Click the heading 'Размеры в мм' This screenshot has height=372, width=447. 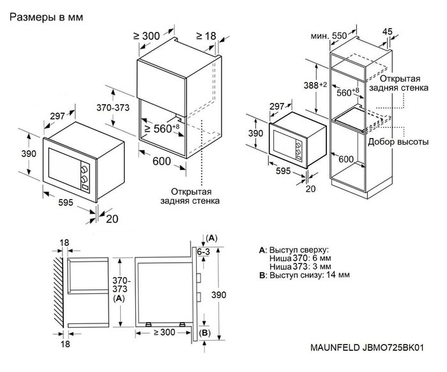47,18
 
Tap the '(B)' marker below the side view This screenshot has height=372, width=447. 204,333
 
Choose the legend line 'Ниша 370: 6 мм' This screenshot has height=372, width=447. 299,257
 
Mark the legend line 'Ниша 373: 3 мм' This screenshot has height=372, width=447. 299,266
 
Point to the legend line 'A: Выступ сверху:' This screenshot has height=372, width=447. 294,248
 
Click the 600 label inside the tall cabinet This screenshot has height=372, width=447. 347,159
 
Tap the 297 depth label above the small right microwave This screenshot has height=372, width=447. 277,106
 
